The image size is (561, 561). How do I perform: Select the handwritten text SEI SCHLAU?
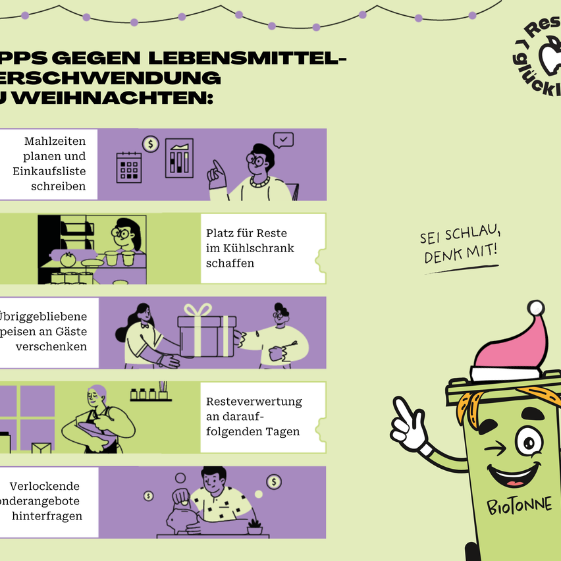pyautogui.click(x=460, y=236)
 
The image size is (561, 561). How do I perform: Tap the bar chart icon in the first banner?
pyautogui.click(x=179, y=157)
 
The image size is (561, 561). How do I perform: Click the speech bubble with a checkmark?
pyautogui.click(x=283, y=140)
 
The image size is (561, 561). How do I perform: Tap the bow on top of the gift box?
pyautogui.click(x=198, y=309)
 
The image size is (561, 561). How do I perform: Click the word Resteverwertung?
pyautogui.click(x=254, y=401)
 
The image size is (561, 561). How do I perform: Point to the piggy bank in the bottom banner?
pyautogui.click(x=181, y=521)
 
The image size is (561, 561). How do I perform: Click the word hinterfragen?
pyautogui.click(x=47, y=516)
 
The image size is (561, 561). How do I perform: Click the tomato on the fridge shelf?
pyautogui.click(x=68, y=259)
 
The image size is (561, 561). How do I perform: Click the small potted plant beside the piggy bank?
pyautogui.click(x=254, y=527)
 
